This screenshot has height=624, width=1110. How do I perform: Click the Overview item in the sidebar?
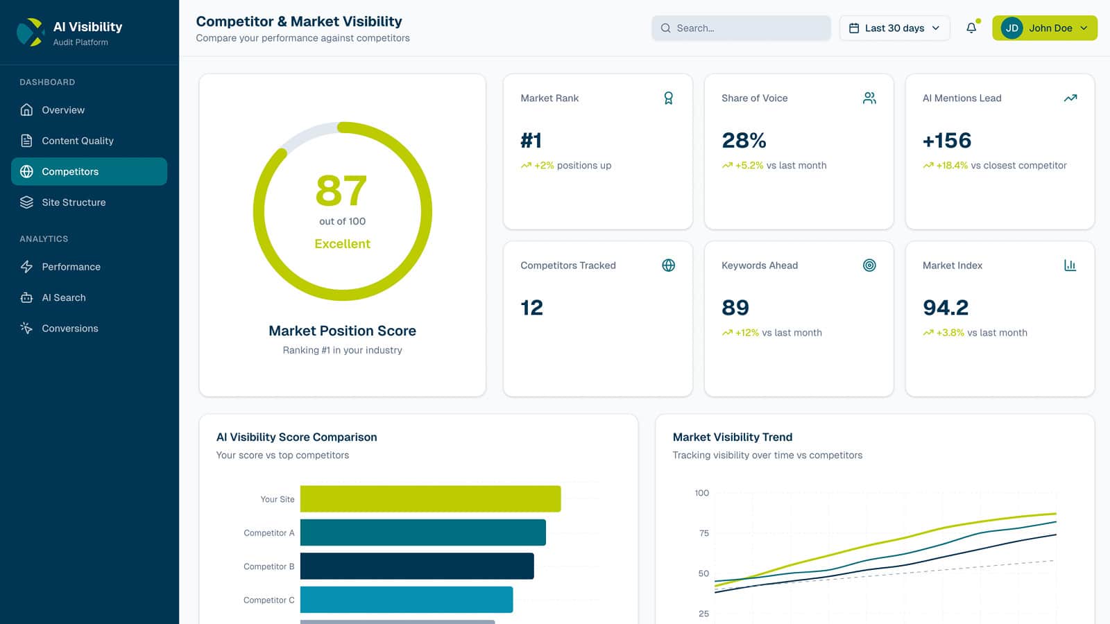tap(63, 110)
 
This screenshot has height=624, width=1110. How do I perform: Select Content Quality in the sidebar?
tap(77, 141)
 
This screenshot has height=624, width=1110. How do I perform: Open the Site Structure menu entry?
tap(74, 202)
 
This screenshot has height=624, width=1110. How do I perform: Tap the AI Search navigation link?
tap(64, 297)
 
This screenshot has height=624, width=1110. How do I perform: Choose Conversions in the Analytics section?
tap(69, 329)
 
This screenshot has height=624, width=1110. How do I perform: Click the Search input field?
tap(741, 28)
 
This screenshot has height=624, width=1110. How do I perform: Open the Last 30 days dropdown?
tap(894, 28)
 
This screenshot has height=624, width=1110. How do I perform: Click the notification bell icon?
tap(971, 28)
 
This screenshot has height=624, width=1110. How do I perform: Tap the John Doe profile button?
tap(1044, 28)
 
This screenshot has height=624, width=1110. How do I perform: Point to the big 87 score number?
tap(341, 191)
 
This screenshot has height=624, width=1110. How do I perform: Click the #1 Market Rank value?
tap(531, 141)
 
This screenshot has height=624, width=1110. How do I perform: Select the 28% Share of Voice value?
tap(744, 141)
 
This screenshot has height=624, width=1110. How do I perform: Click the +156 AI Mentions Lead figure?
tap(947, 141)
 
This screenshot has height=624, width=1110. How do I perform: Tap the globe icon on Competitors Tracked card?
tap(668, 266)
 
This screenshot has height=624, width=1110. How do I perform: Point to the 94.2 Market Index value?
tap(946, 308)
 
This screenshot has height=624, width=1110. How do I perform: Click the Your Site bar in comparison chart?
tap(430, 499)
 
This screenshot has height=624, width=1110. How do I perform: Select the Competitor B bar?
tap(417, 566)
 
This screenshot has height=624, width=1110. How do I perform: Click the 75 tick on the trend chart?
tap(704, 533)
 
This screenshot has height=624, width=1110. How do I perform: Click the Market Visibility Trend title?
tap(732, 437)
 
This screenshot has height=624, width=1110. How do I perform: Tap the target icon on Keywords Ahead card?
tap(869, 266)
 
